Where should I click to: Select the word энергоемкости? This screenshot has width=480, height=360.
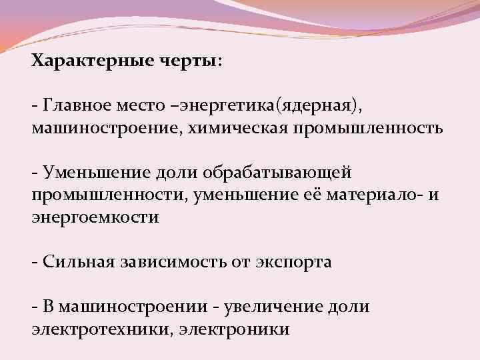95,217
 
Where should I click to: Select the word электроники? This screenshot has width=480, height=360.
233,329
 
